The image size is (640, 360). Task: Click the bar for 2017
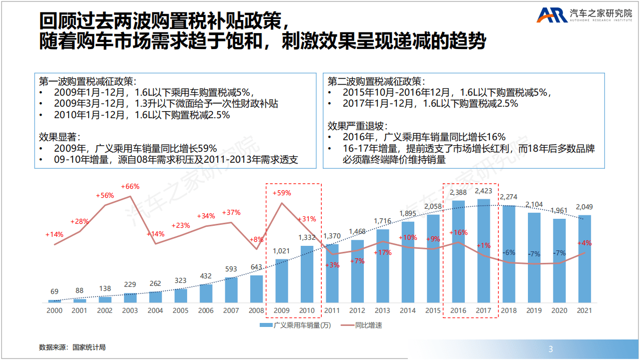483,250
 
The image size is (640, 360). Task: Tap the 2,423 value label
483,191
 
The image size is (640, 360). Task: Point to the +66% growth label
130,187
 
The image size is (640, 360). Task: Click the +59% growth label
282,193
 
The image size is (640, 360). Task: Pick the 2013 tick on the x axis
382,311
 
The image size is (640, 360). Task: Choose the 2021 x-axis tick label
584,311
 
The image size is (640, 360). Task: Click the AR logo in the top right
552,15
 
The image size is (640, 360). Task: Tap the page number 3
551,349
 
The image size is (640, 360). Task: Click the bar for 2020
559,260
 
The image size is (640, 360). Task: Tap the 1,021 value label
282,251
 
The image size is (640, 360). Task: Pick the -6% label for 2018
509,252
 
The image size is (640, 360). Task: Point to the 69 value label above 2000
55,291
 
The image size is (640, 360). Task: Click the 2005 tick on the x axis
181,311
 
